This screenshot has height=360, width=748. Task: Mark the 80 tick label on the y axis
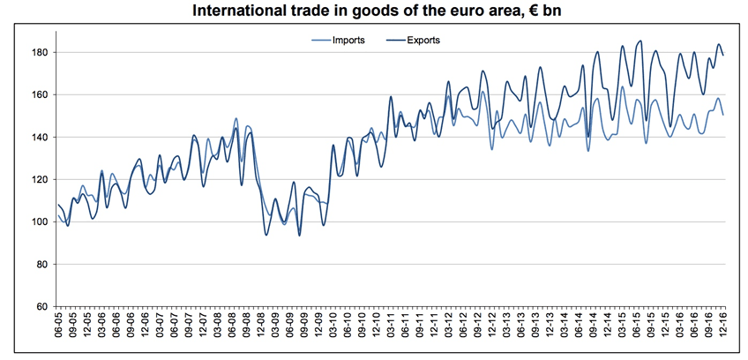41,264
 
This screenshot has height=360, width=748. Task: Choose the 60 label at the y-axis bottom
41,306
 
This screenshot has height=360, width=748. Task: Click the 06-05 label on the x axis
59,331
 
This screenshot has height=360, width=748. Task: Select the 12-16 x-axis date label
723,331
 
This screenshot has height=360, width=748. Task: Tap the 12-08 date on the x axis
261,331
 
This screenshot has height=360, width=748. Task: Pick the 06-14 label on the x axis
579,331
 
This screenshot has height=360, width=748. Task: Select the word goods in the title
363,11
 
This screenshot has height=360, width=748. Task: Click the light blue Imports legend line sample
320,40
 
